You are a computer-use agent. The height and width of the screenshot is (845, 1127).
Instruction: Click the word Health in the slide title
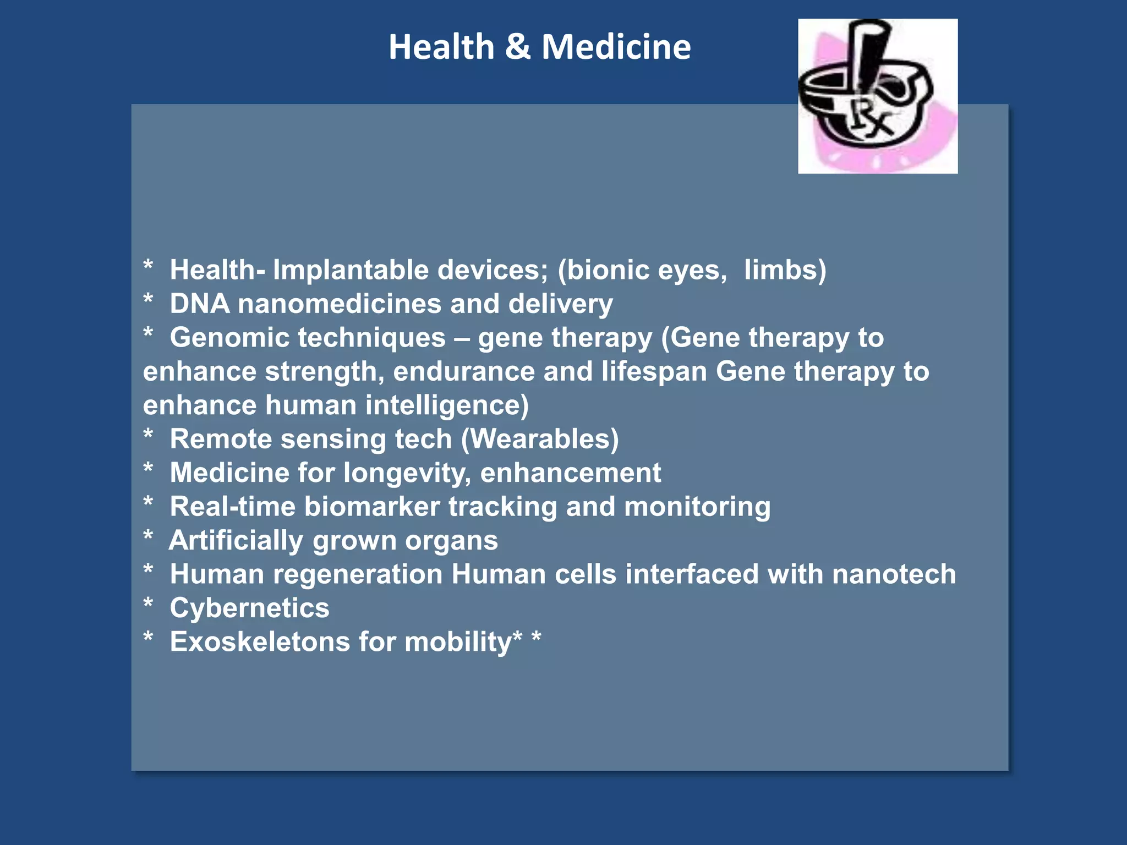click(x=441, y=47)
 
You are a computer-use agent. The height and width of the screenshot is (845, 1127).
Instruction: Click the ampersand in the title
click(x=517, y=47)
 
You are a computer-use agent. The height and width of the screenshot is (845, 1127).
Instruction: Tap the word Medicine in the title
click(x=616, y=47)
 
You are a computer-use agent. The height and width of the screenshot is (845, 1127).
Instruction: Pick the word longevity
click(x=406, y=473)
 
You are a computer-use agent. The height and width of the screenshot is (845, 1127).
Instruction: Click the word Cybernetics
click(x=249, y=608)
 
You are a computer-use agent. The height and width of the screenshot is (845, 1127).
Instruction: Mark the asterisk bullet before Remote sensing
click(x=148, y=435)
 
